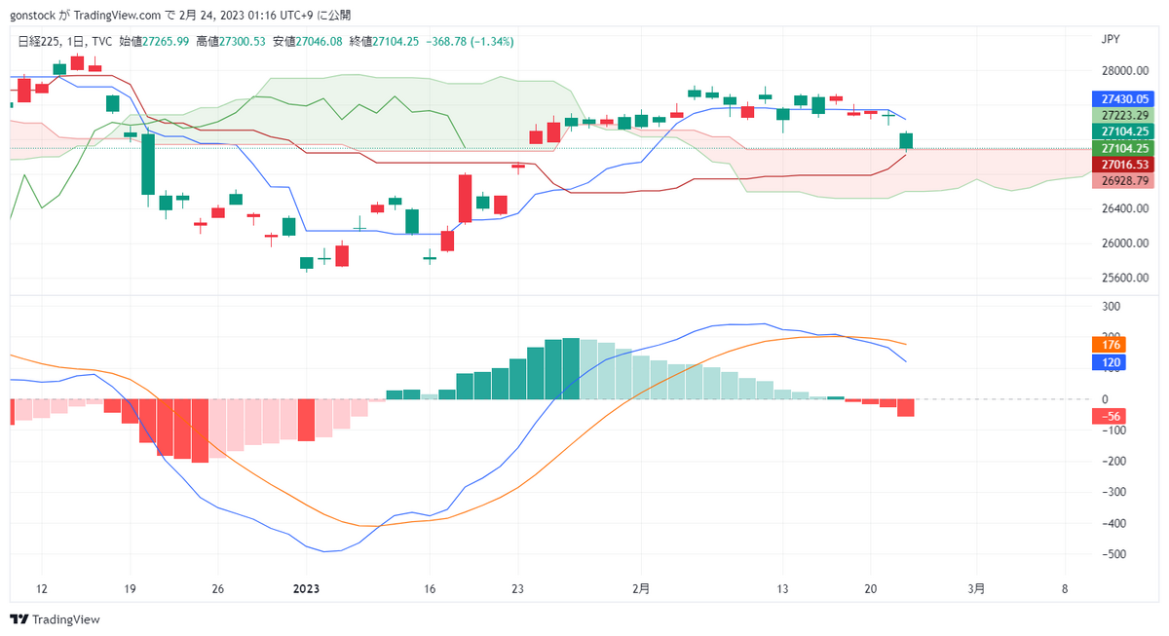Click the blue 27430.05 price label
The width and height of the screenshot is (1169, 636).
click(x=1125, y=99)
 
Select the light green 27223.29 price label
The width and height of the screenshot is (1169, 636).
click(x=1125, y=115)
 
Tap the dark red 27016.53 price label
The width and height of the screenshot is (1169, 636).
click(x=1125, y=166)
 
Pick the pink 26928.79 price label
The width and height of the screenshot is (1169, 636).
click(x=1125, y=181)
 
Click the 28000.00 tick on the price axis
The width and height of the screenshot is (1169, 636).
click(x=1124, y=71)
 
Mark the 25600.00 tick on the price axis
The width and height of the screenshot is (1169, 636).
click(x=1124, y=278)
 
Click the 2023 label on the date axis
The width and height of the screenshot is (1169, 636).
click(x=307, y=589)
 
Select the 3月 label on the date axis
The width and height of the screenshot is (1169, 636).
click(x=977, y=589)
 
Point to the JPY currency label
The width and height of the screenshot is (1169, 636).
click(x=1110, y=41)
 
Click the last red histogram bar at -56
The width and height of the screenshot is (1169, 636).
click(x=906, y=408)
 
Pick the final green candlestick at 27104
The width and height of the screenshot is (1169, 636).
click(x=906, y=141)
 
